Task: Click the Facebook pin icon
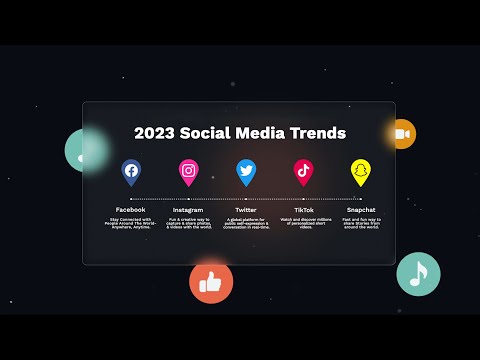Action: [x=131, y=171]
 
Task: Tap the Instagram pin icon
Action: [x=188, y=171]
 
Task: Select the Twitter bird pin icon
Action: [x=246, y=171]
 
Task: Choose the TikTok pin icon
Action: [x=303, y=171]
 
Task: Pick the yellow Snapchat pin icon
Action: [x=361, y=171]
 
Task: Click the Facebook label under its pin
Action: [x=131, y=209]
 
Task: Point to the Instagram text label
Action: [x=188, y=209]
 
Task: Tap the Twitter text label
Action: [x=246, y=209]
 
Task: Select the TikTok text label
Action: [x=303, y=209]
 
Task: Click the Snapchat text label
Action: [x=361, y=209]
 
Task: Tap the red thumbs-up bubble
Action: [x=211, y=283]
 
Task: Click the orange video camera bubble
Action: [x=401, y=134]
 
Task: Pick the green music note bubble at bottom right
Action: [x=418, y=273]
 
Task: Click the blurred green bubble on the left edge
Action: [x=85, y=150]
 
